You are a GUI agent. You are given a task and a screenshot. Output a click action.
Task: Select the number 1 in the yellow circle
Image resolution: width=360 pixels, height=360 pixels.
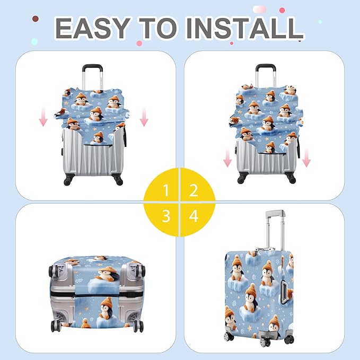(x=166, y=190)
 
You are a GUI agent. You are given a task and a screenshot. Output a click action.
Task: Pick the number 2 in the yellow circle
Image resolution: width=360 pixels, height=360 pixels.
(x=194, y=190)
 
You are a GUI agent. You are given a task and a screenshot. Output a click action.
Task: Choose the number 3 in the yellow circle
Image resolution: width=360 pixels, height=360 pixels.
(x=166, y=216)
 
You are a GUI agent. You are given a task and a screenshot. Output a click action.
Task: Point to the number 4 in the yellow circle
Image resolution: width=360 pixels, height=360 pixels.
(x=194, y=216)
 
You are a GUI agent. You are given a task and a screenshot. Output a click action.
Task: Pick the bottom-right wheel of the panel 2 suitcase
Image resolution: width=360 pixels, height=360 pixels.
(x=291, y=178)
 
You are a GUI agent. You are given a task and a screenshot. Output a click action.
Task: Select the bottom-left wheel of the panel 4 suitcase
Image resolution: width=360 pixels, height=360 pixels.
(x=229, y=336)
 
